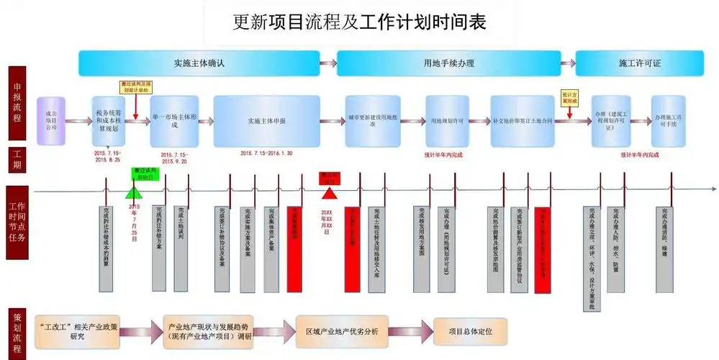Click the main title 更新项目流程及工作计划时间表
click(x=359, y=22)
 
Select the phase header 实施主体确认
click(x=199, y=63)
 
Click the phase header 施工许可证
click(x=639, y=63)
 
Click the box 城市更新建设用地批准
click(x=372, y=121)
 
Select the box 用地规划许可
click(x=446, y=121)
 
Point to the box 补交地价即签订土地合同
click(x=523, y=121)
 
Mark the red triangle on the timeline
click(x=329, y=193)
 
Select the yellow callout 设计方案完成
click(x=570, y=98)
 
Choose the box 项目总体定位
click(x=470, y=331)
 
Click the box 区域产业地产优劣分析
click(x=342, y=331)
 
